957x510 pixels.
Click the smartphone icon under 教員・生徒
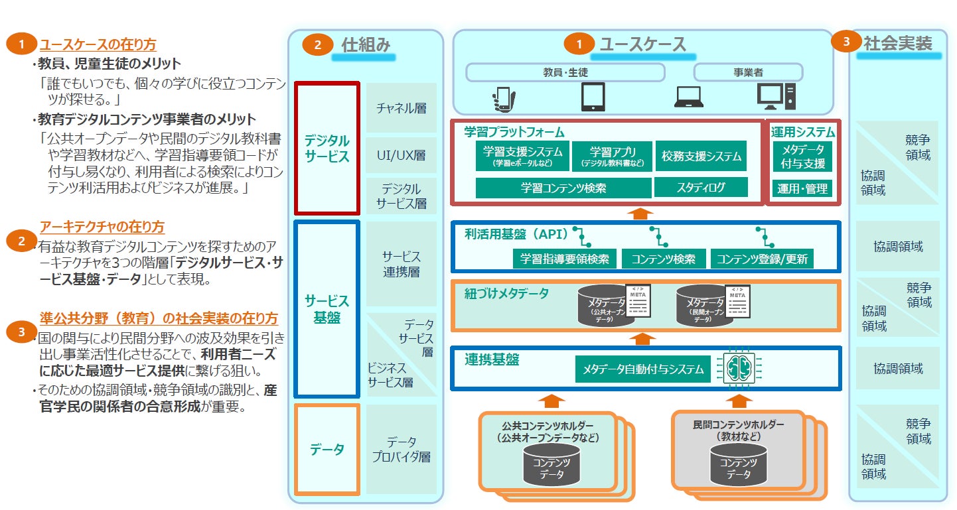[x=504, y=98]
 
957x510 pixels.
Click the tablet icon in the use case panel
[x=593, y=97]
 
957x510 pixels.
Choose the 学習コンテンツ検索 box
[x=563, y=188]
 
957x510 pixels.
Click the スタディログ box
[x=701, y=187]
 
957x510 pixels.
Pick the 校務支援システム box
[x=701, y=157]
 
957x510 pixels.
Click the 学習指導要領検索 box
[x=565, y=259]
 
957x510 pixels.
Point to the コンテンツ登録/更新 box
[x=762, y=259]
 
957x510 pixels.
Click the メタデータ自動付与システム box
[x=642, y=369]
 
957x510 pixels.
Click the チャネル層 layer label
[x=402, y=108]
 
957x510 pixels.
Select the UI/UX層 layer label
[x=402, y=156]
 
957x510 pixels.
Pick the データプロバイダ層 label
[x=402, y=449]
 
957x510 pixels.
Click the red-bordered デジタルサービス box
[x=327, y=149]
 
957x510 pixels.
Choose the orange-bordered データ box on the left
[x=327, y=450]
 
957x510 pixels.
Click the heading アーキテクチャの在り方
[x=102, y=227]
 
